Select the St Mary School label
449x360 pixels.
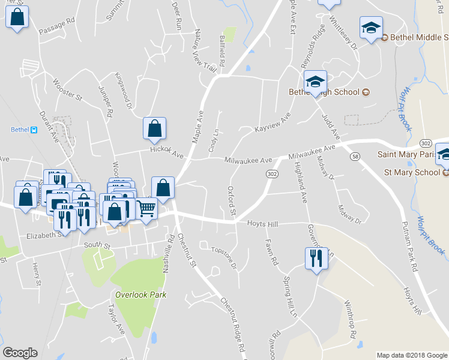412,172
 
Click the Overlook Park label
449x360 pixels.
141,295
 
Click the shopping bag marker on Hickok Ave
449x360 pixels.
155,128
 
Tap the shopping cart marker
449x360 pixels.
146,209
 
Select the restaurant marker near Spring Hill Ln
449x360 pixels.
315,259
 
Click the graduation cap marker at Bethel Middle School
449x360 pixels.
371,28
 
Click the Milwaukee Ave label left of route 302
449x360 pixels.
249,160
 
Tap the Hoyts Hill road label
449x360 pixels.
263,224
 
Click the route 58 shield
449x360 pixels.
355,157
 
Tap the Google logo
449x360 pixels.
20,353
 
